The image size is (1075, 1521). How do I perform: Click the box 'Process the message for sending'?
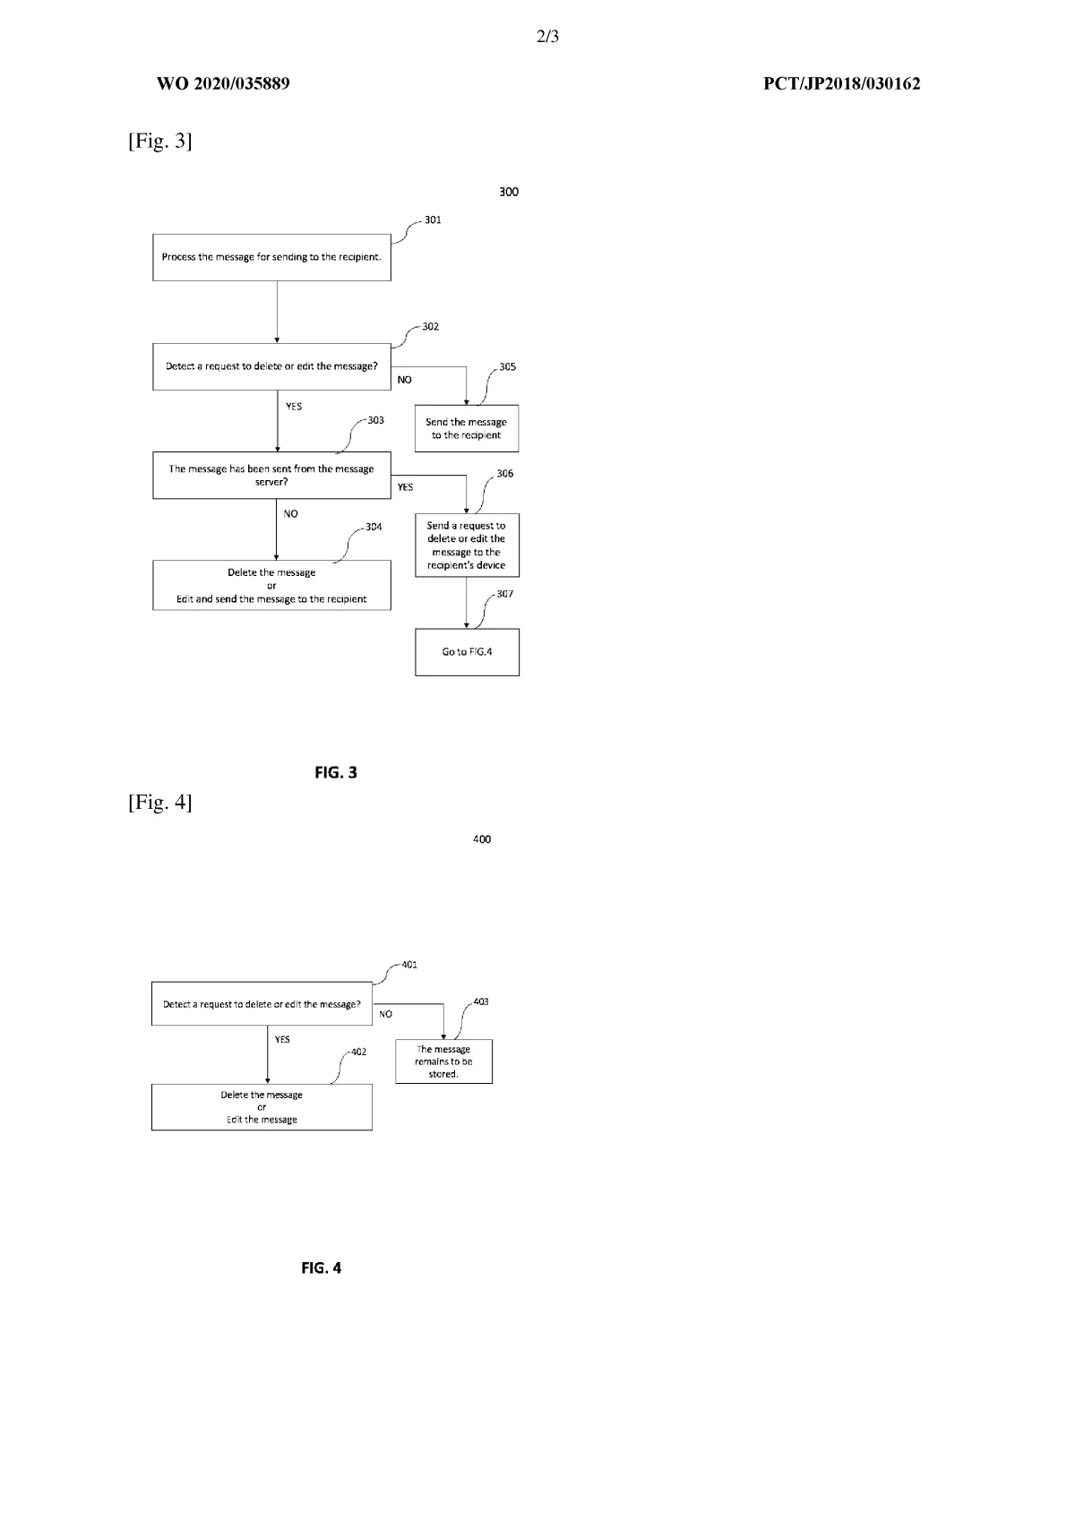coord(271,257)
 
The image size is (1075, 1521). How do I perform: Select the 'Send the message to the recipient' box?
coord(466,429)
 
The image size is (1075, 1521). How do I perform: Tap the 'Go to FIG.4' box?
coord(467,652)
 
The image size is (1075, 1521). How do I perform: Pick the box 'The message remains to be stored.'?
coord(443,1061)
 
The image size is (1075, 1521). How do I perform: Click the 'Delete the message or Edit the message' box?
coord(262,1107)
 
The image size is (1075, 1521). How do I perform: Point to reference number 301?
coord(433,220)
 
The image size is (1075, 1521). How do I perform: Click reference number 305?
coord(507,367)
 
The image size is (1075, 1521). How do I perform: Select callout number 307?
coord(504,594)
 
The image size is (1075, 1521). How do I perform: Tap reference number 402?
coord(358,1052)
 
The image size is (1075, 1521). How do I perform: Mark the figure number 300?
coord(509,192)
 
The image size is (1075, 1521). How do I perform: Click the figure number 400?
coord(482,839)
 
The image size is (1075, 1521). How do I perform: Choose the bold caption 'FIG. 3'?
coord(336,772)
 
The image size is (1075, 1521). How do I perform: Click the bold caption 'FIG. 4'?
coord(321,1267)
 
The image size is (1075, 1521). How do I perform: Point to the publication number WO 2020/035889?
coord(223,84)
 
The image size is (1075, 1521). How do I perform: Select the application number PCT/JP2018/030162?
coord(841,84)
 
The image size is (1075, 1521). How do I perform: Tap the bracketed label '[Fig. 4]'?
coord(160,802)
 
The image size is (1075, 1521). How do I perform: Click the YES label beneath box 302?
coord(294,407)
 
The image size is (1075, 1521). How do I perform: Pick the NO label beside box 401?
coord(385,1014)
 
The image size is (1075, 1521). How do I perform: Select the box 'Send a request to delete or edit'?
coord(467,546)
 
